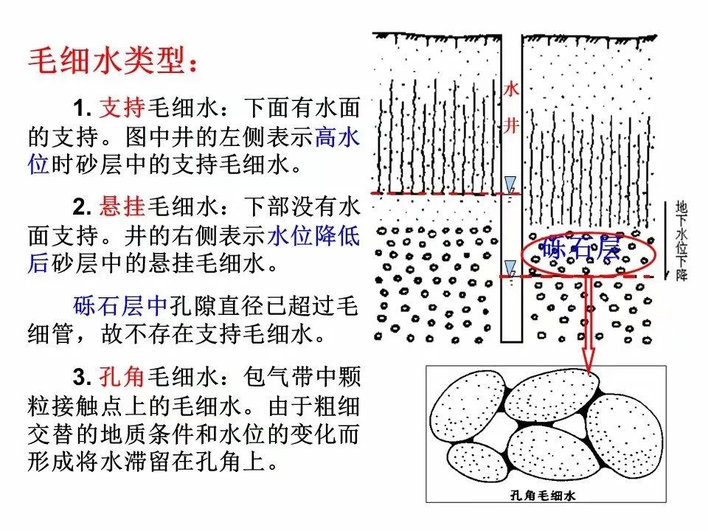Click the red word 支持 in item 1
[122, 108]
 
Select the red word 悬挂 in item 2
[122, 206]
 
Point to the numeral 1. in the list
[83, 108]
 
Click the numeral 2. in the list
[83, 207]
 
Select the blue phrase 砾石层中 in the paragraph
[120, 305]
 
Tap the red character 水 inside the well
[511, 89]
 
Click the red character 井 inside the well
[511, 125]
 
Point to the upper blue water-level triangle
[510, 184]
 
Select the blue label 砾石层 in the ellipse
[582, 249]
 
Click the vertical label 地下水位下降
[681, 242]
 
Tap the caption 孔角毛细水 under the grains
[543, 496]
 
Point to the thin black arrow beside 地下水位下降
[666, 240]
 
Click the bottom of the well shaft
[511, 341]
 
